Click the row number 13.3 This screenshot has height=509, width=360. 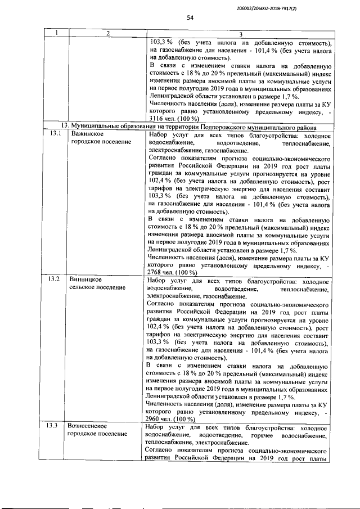tap(53, 425)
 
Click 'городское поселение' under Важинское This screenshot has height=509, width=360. tap(99, 142)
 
